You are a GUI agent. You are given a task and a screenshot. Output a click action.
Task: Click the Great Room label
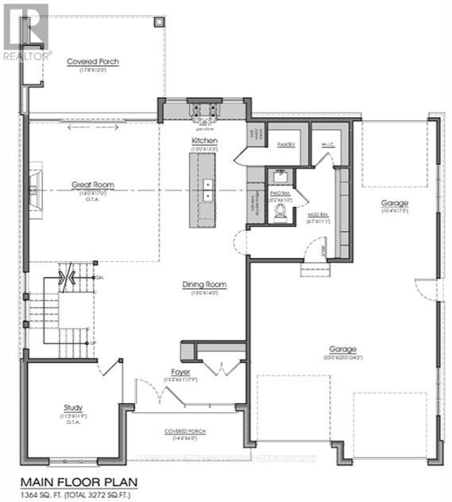click(x=93, y=185)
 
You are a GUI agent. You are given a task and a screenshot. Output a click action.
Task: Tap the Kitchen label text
click(x=204, y=140)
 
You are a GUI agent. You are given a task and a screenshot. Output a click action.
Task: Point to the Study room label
click(x=73, y=408)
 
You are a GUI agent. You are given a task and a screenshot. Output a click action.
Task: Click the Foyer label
click(x=180, y=372)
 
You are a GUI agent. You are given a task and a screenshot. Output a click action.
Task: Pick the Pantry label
click(x=286, y=145)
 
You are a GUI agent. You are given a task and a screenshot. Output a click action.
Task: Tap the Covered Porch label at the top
click(x=92, y=61)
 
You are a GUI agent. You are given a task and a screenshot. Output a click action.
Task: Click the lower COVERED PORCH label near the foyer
click(x=185, y=430)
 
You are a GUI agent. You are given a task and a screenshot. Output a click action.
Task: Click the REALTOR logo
click(x=25, y=32)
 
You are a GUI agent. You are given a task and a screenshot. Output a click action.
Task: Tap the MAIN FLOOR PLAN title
click(x=79, y=481)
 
